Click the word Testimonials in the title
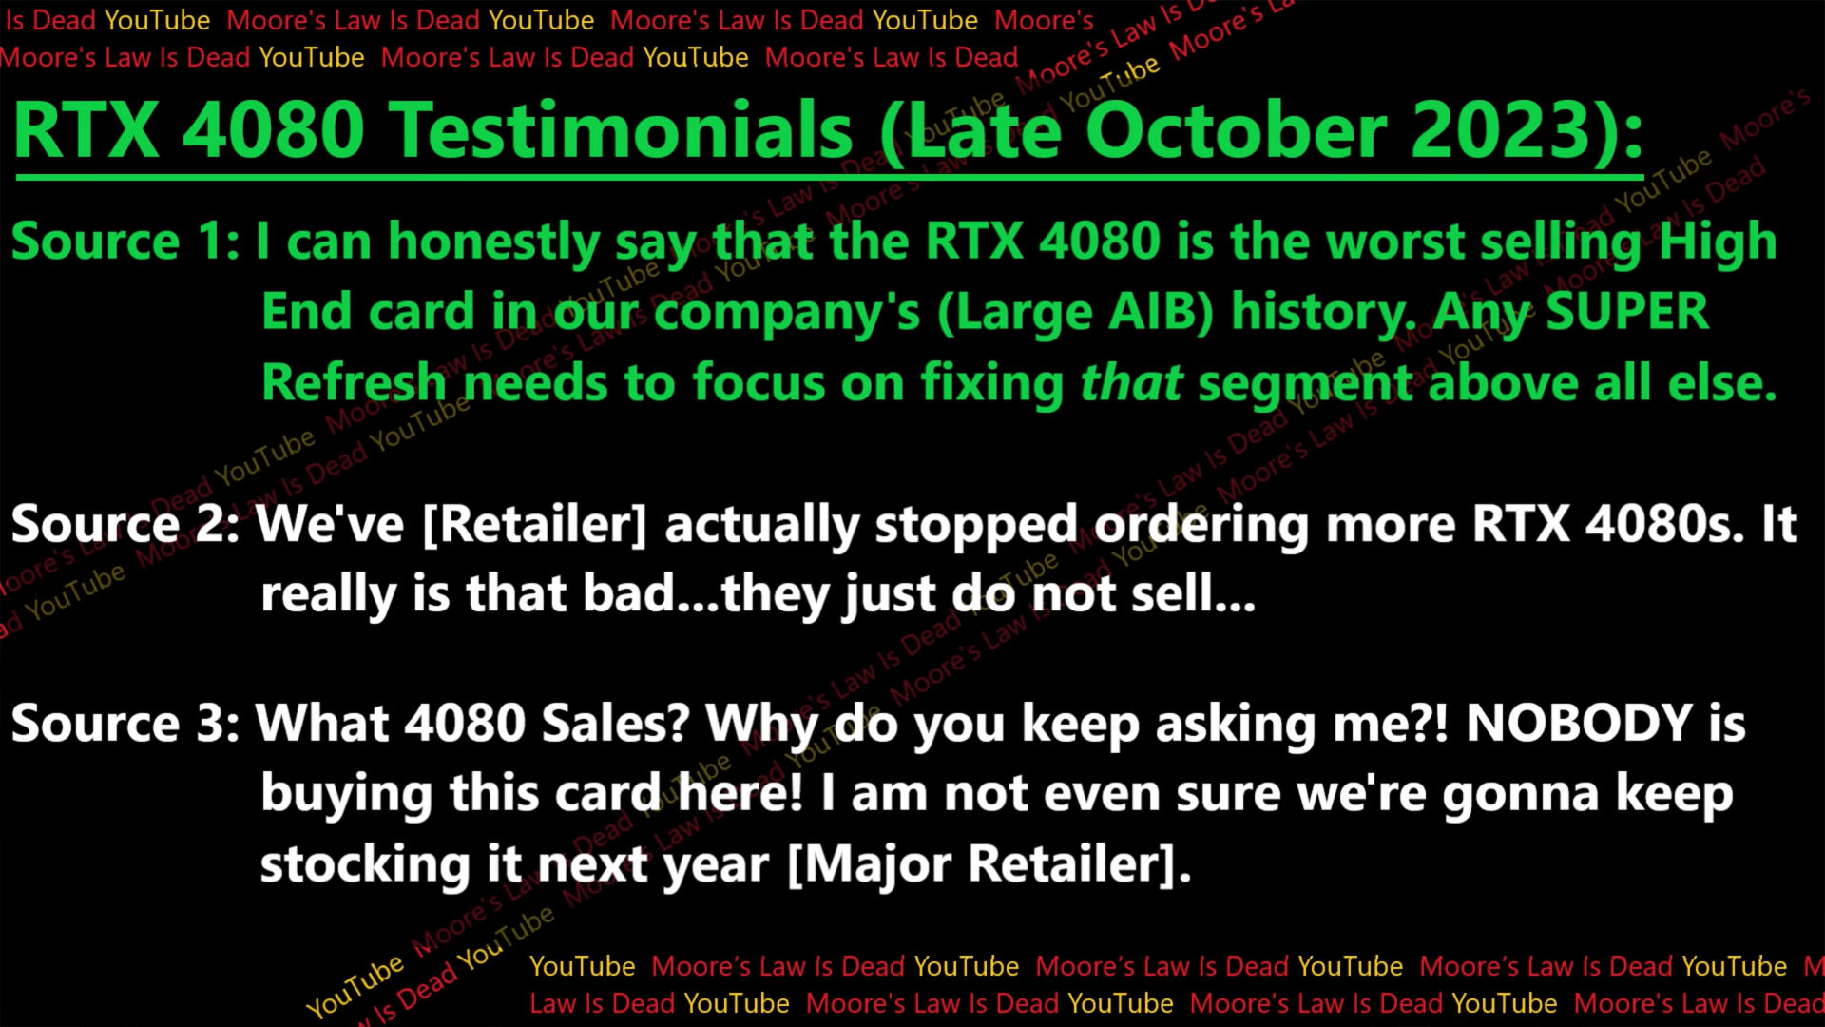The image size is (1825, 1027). point(622,131)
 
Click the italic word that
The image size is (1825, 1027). point(1131,383)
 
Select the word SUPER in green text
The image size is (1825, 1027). point(1626,312)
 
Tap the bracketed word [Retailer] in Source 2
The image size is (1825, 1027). point(533,524)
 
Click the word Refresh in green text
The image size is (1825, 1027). point(354,383)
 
